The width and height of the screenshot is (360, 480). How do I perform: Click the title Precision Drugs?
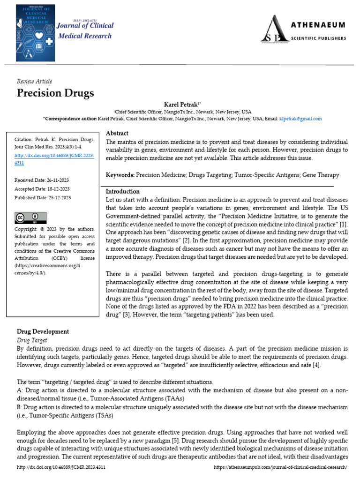[x=55, y=93]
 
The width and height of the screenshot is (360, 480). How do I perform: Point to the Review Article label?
[x=34, y=81]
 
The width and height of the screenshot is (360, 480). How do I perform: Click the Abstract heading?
[x=117, y=134]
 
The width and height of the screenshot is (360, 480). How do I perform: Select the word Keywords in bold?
[x=120, y=175]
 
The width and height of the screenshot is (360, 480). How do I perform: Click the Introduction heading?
[x=122, y=191]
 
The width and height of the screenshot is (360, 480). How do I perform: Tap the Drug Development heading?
[x=43, y=331]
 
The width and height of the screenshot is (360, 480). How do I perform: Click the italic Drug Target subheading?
[x=32, y=339]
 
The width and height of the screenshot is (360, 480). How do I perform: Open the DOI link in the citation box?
[x=54, y=159]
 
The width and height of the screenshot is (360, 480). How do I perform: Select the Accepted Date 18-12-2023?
[x=42, y=189]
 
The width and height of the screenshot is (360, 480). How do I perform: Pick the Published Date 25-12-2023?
[x=43, y=197]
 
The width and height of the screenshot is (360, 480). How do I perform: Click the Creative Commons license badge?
[x=30, y=217]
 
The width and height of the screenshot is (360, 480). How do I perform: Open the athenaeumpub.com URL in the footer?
[x=280, y=467]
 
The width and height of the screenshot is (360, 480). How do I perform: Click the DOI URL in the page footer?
[x=61, y=467]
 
